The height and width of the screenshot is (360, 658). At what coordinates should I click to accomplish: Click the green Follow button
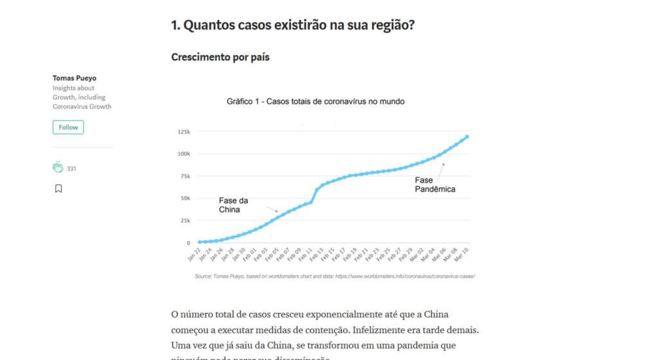click(68, 127)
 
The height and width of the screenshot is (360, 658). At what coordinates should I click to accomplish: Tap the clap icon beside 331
click(58, 168)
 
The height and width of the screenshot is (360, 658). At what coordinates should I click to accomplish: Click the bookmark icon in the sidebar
click(58, 188)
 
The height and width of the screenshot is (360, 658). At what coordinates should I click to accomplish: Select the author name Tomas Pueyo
click(75, 78)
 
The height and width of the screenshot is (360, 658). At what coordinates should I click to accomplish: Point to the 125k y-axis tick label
click(184, 132)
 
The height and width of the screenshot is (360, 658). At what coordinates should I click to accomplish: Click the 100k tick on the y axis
click(184, 154)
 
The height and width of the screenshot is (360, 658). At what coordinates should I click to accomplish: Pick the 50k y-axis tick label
click(185, 198)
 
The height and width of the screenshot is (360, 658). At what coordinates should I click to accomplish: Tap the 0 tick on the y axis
click(188, 243)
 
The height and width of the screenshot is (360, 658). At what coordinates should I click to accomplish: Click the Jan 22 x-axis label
click(194, 256)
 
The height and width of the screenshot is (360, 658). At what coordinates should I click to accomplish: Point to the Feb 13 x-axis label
click(317, 256)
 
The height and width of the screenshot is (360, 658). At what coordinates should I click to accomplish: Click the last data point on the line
click(467, 136)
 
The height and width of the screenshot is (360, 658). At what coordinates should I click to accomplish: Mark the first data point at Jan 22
click(199, 242)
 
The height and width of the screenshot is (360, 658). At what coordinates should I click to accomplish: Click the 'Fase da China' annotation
click(233, 205)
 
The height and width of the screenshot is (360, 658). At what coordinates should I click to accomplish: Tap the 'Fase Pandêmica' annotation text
click(435, 184)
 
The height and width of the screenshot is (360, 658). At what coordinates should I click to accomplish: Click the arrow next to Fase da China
click(273, 209)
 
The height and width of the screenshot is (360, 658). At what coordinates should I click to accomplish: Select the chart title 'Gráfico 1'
click(315, 102)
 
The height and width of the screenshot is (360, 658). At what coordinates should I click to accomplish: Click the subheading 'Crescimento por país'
click(220, 57)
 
